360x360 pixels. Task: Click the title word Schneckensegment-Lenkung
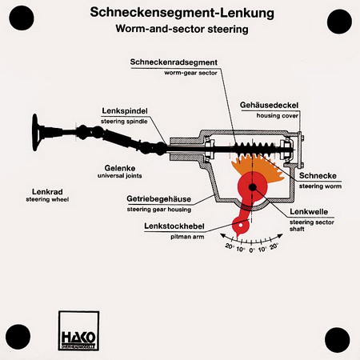coord(182,13)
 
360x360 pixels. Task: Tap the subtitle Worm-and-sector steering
coord(182,29)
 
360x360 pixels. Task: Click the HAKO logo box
coord(78,330)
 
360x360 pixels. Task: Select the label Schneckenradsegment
coord(174,62)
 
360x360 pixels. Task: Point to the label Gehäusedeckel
coord(269,105)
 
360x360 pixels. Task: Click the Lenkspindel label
coord(125,111)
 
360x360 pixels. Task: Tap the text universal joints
coord(119,176)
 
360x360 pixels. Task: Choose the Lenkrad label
coord(47,191)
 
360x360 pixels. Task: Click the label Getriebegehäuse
coord(158,199)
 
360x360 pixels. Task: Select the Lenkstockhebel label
coord(174,226)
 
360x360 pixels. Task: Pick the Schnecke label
coord(318,175)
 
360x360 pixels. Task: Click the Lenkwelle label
coord(309,212)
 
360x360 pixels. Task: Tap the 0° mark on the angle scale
coord(252,250)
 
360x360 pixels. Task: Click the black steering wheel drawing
coord(35,132)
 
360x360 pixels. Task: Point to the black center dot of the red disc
coord(252,187)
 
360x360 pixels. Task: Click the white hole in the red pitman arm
coord(241,226)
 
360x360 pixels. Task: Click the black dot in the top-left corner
coord(22,18)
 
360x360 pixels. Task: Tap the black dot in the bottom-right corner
coord(338,340)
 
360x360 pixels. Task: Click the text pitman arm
coord(187,237)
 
